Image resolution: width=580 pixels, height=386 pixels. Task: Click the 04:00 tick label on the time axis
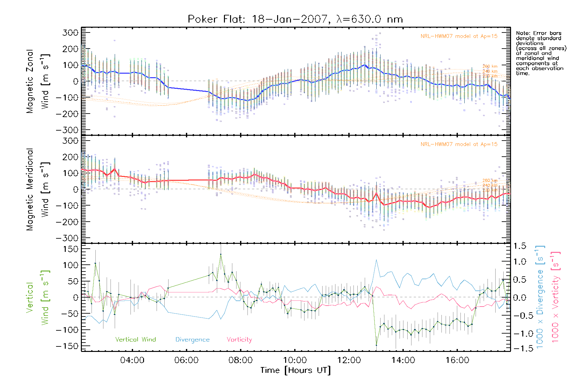click(132, 360)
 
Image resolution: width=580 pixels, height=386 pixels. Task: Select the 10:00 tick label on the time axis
click(295, 360)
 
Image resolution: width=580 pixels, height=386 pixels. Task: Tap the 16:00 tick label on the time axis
click(457, 360)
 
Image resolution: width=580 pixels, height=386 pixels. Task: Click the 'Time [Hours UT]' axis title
click(295, 371)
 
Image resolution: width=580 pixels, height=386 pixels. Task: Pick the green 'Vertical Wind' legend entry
click(135, 340)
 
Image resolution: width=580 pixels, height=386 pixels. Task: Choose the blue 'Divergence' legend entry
click(192, 340)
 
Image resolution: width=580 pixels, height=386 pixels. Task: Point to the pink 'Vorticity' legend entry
click(239, 340)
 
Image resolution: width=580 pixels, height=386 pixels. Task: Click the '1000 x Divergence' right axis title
click(540, 298)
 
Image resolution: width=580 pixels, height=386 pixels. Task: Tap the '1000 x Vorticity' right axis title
click(555, 298)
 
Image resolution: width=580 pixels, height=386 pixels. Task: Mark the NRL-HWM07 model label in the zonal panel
click(459, 36)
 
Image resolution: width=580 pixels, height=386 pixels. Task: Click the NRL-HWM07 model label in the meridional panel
click(459, 144)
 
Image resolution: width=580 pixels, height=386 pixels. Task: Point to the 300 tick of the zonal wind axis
click(70, 32)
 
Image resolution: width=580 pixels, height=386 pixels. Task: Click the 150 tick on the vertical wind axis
click(70, 249)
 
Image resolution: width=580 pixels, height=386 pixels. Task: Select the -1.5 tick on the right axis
click(519, 348)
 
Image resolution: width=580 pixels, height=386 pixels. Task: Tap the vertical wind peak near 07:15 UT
click(221, 254)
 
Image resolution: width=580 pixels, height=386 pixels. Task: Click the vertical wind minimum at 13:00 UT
click(376, 345)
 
